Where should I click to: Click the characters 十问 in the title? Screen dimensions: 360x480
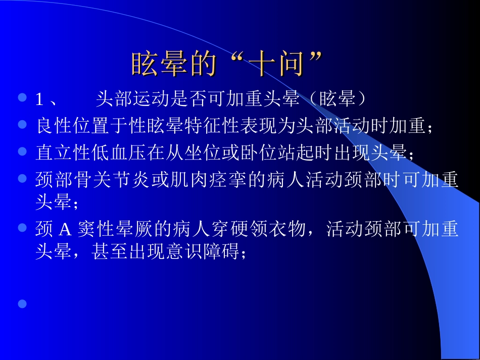tap(279, 64)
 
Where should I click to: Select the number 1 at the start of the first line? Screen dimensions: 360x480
tap(39, 99)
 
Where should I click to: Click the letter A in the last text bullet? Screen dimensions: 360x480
tap(65, 230)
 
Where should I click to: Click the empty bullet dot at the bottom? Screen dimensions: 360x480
tap(22, 303)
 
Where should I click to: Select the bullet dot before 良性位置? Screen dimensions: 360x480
tap(22, 124)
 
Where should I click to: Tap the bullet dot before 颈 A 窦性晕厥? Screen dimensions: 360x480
tap(22, 228)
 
